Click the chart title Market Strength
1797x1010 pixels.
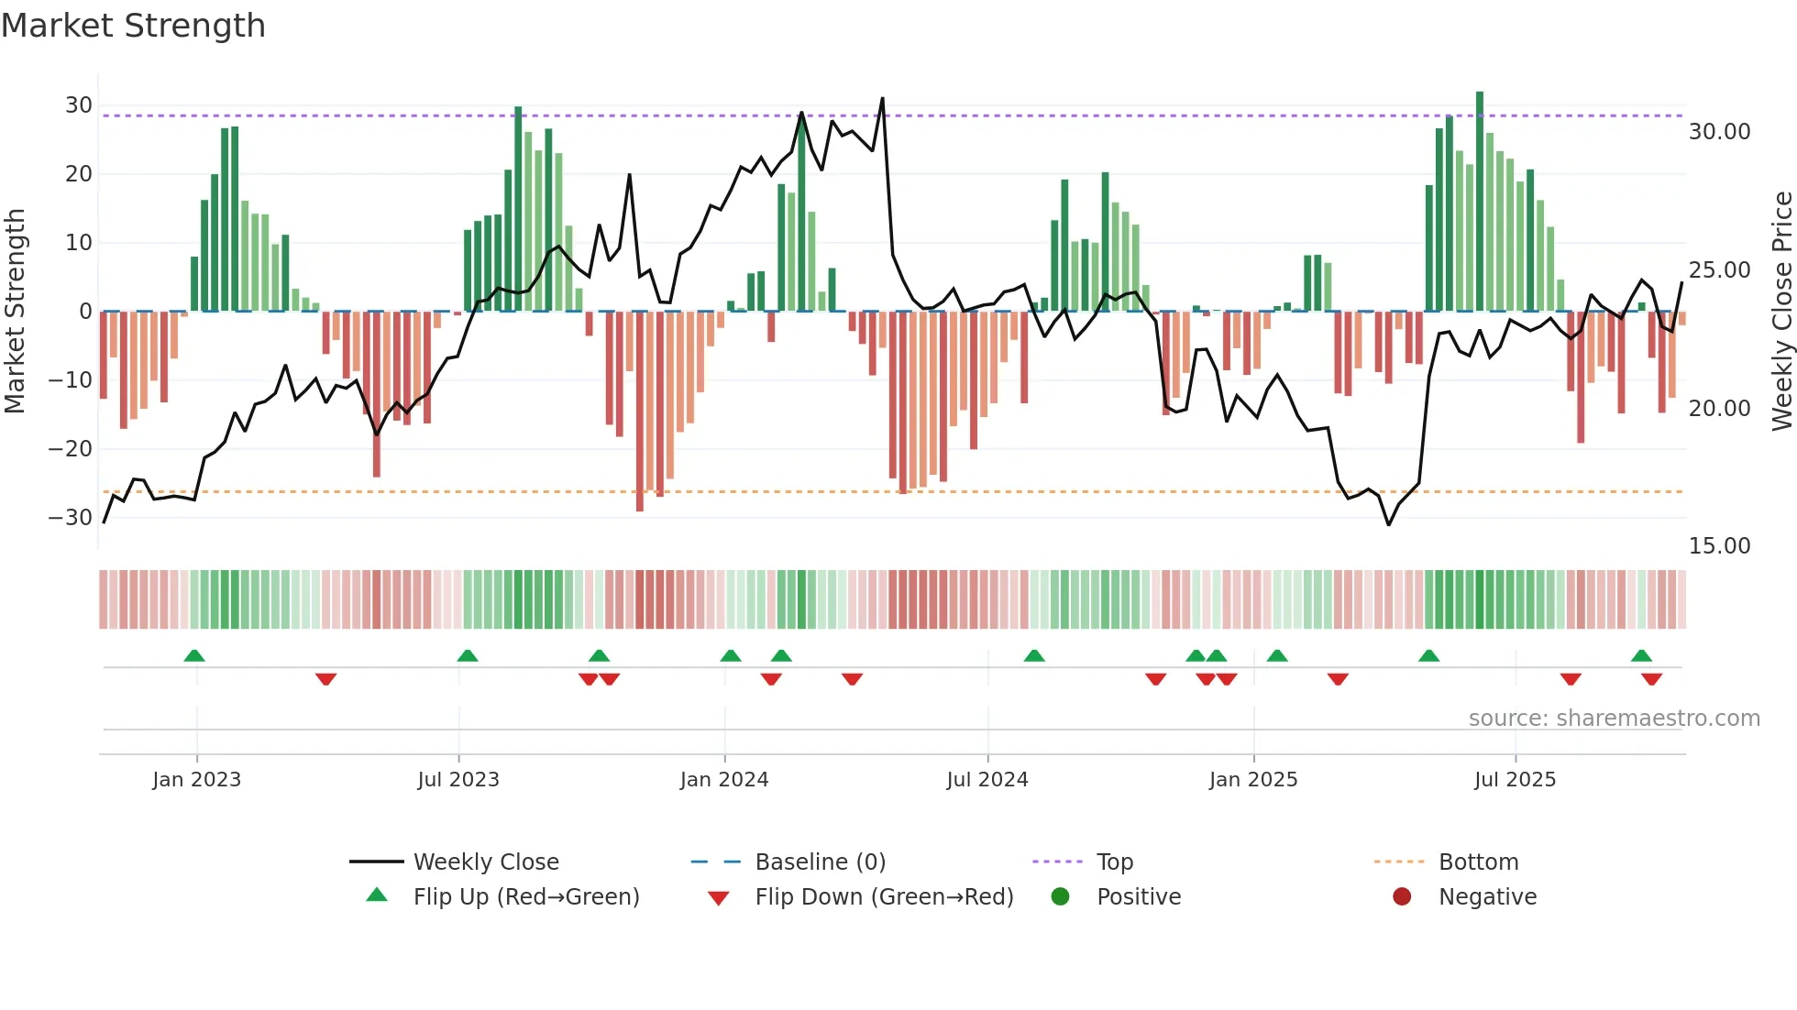click(x=134, y=26)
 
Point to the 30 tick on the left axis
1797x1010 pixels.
click(x=79, y=105)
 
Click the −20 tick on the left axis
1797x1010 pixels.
click(x=72, y=449)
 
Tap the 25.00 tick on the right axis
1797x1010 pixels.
click(x=1719, y=270)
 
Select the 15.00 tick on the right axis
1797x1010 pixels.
click(x=1719, y=546)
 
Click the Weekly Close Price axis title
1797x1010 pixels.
click(x=1781, y=312)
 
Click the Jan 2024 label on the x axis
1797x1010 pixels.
click(x=724, y=780)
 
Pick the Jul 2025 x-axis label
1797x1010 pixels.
click(x=1515, y=780)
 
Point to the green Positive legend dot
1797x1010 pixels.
click(x=1061, y=897)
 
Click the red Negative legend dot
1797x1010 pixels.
click(x=1402, y=897)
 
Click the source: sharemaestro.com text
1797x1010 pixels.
click(x=1614, y=719)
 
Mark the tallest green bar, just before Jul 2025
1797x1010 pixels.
click(x=1480, y=202)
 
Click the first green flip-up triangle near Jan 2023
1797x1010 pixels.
click(x=194, y=656)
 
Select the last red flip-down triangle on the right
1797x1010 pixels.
click(x=1652, y=679)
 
